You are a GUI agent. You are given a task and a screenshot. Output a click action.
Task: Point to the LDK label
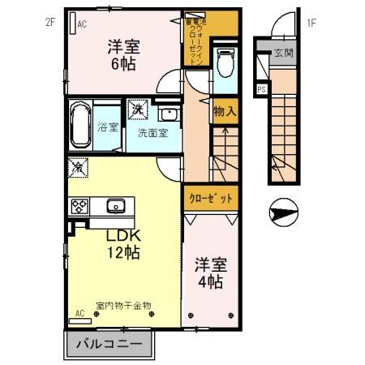(x=125, y=235)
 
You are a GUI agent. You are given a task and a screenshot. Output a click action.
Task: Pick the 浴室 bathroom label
(x=109, y=127)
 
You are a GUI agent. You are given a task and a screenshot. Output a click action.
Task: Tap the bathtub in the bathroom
(x=80, y=126)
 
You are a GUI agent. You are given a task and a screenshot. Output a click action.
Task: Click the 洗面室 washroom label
(x=152, y=133)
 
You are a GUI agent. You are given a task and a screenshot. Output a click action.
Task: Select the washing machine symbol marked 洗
(x=136, y=109)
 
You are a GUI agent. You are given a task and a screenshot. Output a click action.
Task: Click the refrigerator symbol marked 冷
(x=78, y=168)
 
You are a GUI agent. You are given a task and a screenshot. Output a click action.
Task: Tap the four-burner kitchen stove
(x=79, y=205)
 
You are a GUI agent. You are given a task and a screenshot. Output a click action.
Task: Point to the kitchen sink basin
(x=116, y=205)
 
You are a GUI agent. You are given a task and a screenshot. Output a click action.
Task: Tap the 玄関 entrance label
(x=283, y=54)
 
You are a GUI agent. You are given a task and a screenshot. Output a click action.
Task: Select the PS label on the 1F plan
(x=262, y=89)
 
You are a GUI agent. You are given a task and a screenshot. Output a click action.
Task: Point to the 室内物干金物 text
(x=123, y=305)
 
